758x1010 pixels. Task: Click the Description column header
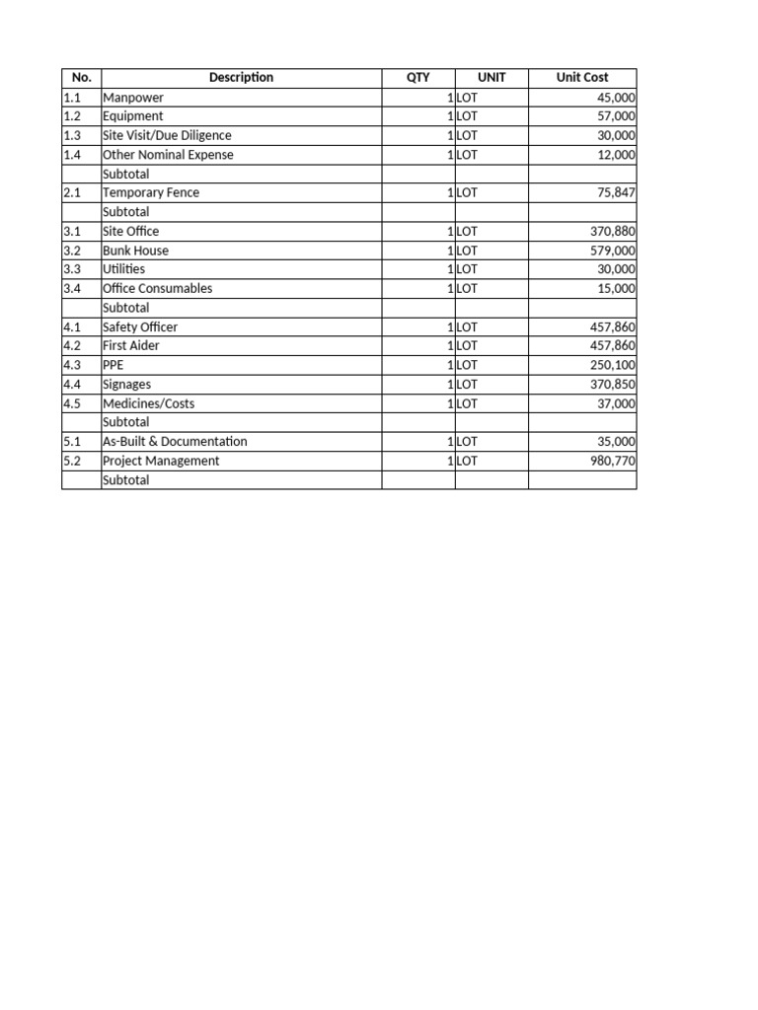241,78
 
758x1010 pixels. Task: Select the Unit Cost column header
582,78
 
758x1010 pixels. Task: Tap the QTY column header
418,78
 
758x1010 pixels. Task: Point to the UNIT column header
492,78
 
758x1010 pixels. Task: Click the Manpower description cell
133,98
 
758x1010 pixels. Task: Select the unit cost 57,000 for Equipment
616,116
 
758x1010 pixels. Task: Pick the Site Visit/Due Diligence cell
167,135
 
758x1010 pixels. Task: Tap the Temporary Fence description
151,193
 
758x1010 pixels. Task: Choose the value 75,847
616,193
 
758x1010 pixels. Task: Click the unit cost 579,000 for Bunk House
612,251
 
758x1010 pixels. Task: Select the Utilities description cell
124,269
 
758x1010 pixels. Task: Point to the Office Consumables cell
157,289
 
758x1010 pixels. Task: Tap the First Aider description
131,346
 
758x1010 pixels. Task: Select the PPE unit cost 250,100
612,365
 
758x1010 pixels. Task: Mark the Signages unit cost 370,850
612,385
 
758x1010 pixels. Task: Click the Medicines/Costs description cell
149,403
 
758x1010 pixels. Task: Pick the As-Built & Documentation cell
175,442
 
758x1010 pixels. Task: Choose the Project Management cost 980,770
612,461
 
